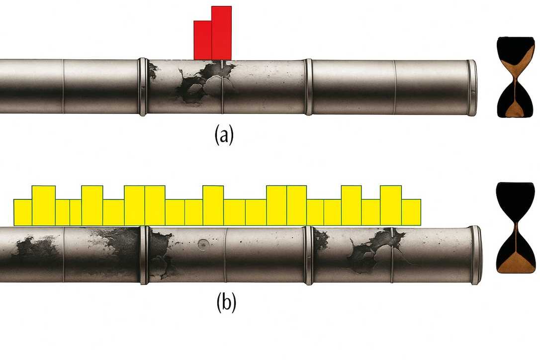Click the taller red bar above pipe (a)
point(221,33)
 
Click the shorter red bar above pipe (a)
point(202,40)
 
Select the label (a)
point(223,135)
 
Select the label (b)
point(226,303)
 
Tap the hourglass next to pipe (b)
point(516,227)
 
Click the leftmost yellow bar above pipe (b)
point(22,212)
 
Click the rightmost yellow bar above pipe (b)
point(411,212)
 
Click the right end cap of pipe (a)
point(471,88)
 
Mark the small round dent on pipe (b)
point(202,244)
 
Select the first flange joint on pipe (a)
point(143,87)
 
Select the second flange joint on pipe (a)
point(308,87)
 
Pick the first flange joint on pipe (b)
point(144,255)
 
